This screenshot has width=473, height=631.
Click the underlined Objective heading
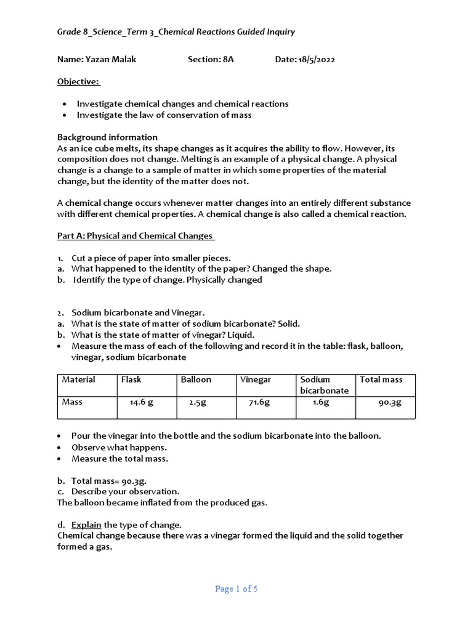pos(79,81)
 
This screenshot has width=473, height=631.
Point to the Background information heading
pos(107,137)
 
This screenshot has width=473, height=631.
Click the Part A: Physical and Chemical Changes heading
pos(136,236)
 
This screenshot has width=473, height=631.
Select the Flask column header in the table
pos(132,380)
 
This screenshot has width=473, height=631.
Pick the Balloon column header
pos(196,380)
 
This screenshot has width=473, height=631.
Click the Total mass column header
pos(381,380)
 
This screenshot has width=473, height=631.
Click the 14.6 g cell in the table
pos(141,403)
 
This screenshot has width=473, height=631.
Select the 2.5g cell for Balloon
pos(197,403)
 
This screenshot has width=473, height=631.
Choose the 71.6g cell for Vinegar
pos(260,403)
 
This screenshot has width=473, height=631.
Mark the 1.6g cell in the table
pos(321,403)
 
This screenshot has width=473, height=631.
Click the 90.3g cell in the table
pos(390,403)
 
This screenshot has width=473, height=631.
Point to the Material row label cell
pos(78,380)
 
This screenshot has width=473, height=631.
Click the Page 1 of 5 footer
pos(236,589)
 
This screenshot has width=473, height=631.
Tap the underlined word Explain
pos(86,525)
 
